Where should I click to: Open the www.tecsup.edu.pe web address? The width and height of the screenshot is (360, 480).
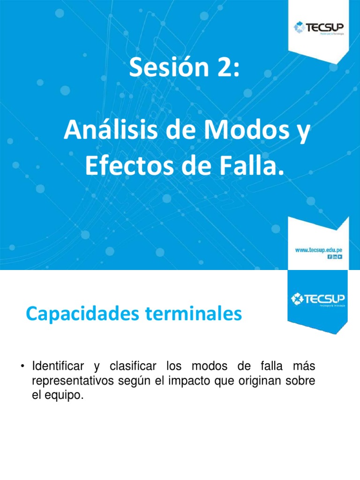coord(319,250)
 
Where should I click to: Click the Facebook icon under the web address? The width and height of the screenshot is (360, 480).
coord(330,256)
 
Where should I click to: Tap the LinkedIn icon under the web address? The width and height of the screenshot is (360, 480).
coord(335,256)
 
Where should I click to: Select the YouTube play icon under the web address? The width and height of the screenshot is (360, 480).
coord(340,256)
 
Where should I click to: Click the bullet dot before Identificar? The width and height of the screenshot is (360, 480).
coord(22,366)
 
